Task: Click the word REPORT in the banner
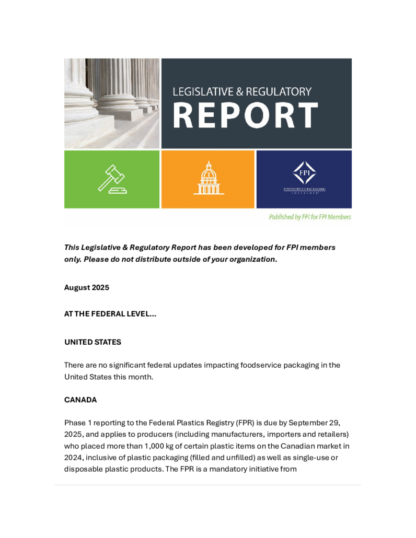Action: point(245,115)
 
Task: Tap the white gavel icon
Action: point(112,179)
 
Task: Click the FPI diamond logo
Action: point(304,173)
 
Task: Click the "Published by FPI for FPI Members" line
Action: point(310,217)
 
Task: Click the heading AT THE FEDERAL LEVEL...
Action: point(110,314)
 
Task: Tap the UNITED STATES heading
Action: point(93,342)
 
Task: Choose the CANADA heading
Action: point(80,400)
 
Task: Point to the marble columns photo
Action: point(112,103)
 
